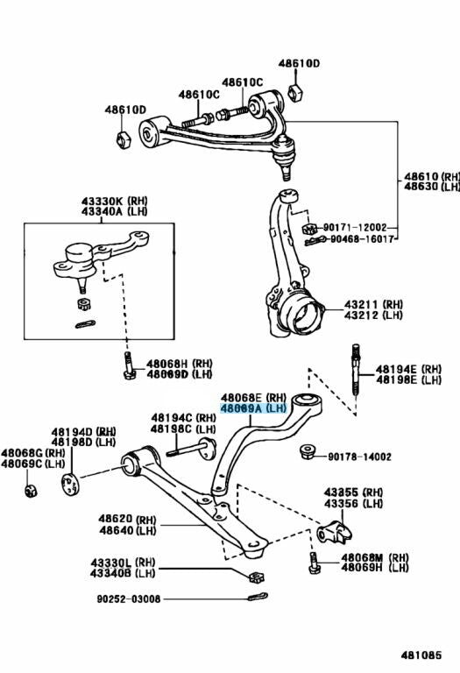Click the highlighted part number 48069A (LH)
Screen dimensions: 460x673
tap(253, 408)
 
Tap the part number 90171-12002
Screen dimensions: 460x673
tap(355, 228)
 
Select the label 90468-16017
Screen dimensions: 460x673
tap(362, 238)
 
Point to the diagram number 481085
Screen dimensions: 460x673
tap(421, 655)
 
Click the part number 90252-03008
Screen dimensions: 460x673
tap(128, 599)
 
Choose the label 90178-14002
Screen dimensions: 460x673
tap(359, 457)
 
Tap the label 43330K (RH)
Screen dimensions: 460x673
tap(115, 201)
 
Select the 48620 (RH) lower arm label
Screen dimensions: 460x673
tap(127, 519)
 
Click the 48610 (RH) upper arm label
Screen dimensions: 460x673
tap(432, 176)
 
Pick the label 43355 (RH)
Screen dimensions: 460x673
tap(353, 492)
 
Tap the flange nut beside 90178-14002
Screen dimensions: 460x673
tap(308, 452)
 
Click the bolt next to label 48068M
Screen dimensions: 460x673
tap(314, 563)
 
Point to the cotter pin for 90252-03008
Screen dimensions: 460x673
tap(258, 597)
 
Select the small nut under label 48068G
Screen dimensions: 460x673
tap(31, 491)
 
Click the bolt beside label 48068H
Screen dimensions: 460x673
tap(129, 365)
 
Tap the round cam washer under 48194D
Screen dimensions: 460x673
tap(70, 484)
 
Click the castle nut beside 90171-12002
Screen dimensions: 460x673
tap(309, 228)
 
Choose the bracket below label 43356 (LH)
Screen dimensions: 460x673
tap(335, 532)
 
